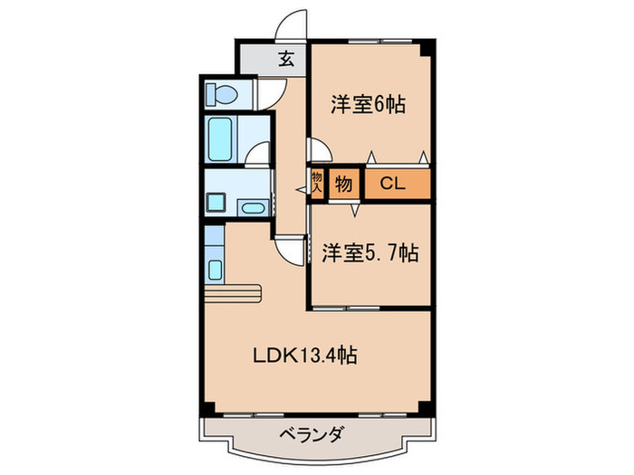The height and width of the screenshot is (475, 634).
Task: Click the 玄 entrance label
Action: tap(285, 61)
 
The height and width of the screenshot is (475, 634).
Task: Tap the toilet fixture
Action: tap(221, 93)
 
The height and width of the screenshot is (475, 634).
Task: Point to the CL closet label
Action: tap(392, 185)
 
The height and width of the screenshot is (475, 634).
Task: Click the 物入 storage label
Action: tap(318, 184)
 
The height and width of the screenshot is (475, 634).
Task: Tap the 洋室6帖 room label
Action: tap(366, 104)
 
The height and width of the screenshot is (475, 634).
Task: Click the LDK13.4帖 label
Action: tap(303, 356)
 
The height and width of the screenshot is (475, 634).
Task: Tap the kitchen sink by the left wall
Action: tap(216, 269)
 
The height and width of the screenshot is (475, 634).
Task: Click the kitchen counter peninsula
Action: tap(233, 292)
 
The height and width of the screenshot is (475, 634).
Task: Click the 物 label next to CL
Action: tap(344, 185)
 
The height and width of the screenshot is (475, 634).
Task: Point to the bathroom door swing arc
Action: tap(259, 155)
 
